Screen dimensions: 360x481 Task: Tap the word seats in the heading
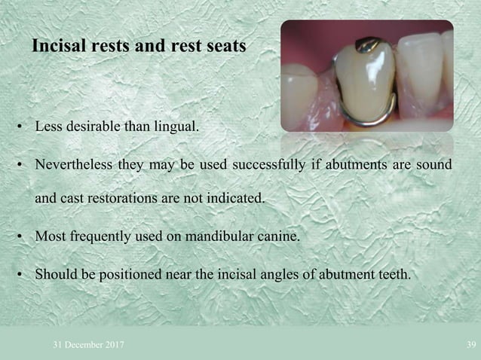tap(225, 46)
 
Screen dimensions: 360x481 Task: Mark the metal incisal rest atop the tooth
tap(369, 43)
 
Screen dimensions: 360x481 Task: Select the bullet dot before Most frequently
tap(22, 237)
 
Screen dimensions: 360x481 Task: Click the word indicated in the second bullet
tap(241, 199)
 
